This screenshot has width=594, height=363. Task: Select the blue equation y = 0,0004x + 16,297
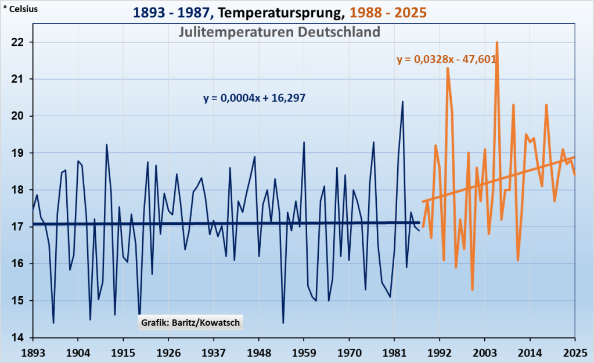click(x=254, y=98)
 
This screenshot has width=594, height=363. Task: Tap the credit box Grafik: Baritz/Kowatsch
click(x=190, y=323)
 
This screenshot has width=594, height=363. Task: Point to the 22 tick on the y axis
click(x=17, y=42)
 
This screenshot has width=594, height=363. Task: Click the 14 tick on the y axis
click(x=17, y=337)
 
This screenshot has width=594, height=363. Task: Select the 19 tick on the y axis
click(x=17, y=153)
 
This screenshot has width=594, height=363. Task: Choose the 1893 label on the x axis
click(x=33, y=352)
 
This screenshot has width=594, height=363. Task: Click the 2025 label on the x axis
click(x=575, y=352)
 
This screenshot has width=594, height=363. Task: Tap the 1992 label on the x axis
click(x=440, y=352)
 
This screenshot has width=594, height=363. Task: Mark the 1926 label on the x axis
click(x=168, y=352)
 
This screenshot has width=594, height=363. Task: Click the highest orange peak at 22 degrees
click(x=497, y=42)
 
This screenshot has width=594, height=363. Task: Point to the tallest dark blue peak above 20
click(x=402, y=102)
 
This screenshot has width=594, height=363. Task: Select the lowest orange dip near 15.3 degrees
click(x=473, y=289)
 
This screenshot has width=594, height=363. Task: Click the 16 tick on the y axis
click(x=17, y=264)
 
